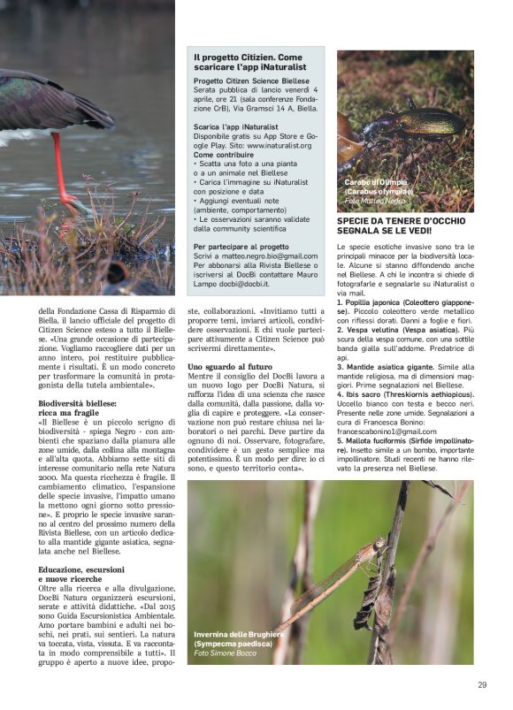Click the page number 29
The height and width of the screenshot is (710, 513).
pos(482,683)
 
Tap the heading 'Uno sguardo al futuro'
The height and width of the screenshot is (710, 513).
pos(230,366)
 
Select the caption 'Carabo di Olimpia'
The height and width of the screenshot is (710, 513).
pos(376,182)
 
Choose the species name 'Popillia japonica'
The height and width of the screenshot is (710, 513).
pos(380,302)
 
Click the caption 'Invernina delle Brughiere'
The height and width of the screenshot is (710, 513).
pos(239,634)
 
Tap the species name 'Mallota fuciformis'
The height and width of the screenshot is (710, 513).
pos(383,440)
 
